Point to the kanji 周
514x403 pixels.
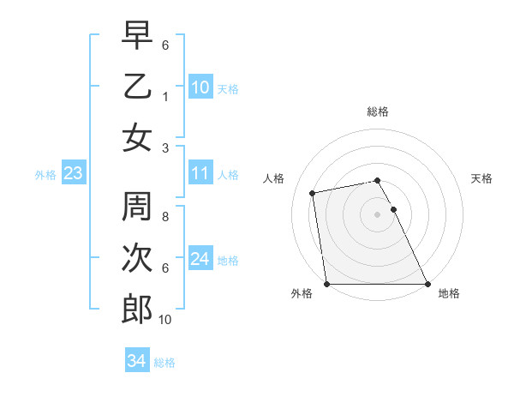137,208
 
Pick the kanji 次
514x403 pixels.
137,259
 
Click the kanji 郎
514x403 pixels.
137,310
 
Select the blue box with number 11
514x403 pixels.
200,173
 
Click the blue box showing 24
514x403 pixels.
200,259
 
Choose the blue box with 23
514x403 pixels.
73,174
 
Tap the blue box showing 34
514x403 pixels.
136,361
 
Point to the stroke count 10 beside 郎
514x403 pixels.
165,320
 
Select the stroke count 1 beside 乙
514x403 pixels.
165,97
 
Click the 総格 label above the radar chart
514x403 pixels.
377,111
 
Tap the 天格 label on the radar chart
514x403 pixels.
481,178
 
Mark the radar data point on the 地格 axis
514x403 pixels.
427,284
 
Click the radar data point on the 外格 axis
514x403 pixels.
326,284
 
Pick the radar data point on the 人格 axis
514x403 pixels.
313,193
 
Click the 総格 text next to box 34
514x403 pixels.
164,362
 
